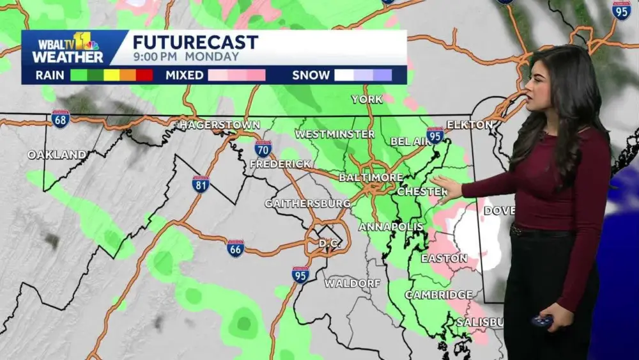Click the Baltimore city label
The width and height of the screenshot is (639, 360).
pyautogui.click(x=371, y=177)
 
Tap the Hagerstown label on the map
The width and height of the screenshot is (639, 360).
pyautogui.click(x=219, y=125)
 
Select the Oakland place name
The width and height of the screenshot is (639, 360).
pyautogui.click(x=57, y=155)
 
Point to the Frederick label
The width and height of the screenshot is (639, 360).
pyautogui.click(x=280, y=164)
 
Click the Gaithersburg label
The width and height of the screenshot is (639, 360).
pyautogui.click(x=307, y=203)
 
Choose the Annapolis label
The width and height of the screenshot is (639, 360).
pyautogui.click(x=382, y=227)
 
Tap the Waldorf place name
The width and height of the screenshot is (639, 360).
pyautogui.click(x=352, y=283)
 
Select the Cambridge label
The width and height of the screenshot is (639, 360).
pyautogui.click(x=438, y=295)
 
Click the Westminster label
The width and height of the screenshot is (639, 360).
pyautogui.click(x=334, y=134)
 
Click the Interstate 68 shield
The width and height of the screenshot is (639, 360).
pyautogui.click(x=61, y=119)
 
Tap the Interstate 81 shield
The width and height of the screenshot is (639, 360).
pyautogui.click(x=201, y=184)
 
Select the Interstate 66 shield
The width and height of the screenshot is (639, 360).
pyautogui.click(x=236, y=248)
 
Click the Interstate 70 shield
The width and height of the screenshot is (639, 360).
pyautogui.click(x=263, y=148)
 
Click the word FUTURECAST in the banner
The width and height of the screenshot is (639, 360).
pyautogui.click(x=195, y=42)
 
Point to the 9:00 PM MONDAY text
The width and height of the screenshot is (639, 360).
pyautogui.click(x=185, y=56)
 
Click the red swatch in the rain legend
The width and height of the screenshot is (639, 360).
pyautogui.click(x=144, y=75)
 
